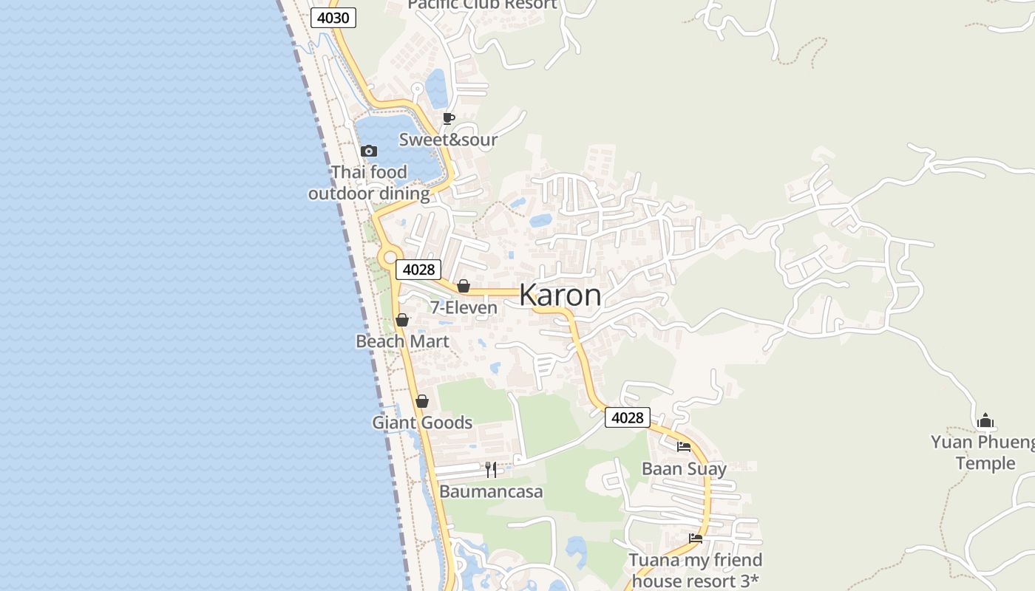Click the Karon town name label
click(x=560, y=295)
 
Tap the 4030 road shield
click(x=333, y=18)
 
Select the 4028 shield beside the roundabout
click(x=418, y=270)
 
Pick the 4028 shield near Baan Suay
click(x=627, y=417)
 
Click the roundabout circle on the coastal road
click(x=390, y=257)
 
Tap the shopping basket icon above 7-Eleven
click(x=464, y=286)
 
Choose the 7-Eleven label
click(x=464, y=307)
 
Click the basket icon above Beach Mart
click(x=402, y=320)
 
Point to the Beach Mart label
click(x=402, y=341)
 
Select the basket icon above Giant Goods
click(x=422, y=401)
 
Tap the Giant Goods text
click(x=422, y=423)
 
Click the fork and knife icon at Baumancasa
click(x=491, y=469)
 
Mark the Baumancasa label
click(x=491, y=491)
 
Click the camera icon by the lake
click(x=369, y=151)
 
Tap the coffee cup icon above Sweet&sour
click(x=449, y=118)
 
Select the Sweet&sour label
click(x=449, y=140)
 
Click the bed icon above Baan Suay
click(x=684, y=447)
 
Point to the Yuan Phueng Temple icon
click(x=985, y=421)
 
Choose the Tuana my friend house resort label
click(x=695, y=570)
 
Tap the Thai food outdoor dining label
click(x=369, y=183)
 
